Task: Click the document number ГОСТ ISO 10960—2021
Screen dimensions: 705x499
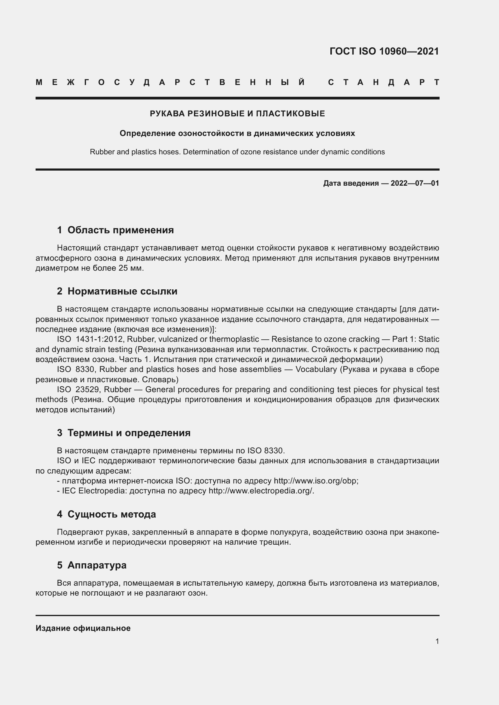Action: coord(384,51)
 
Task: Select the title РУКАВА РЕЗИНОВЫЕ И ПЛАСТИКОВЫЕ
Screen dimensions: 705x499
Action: coord(237,114)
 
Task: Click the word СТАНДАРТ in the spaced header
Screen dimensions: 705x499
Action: coord(384,82)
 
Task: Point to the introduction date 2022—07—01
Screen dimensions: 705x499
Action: coord(415,183)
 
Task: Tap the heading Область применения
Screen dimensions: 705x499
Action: coord(120,230)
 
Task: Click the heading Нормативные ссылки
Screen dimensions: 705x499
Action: coord(122,291)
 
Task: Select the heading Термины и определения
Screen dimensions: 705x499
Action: coord(129,433)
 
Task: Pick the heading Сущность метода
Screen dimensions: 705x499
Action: coord(112,514)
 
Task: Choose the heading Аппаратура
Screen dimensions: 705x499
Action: coord(97,565)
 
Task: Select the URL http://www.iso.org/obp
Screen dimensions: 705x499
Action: coord(316,480)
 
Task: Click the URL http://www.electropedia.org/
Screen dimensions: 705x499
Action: coord(261,491)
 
